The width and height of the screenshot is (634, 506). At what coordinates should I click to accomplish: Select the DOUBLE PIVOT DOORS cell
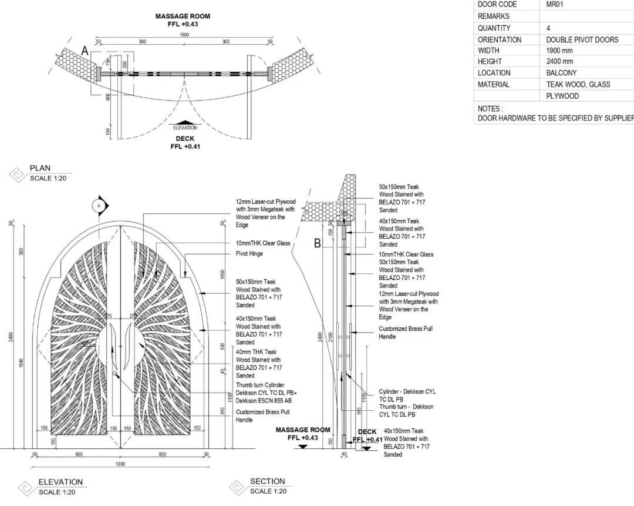(x=582, y=39)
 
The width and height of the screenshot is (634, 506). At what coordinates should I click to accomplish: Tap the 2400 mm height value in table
(x=559, y=62)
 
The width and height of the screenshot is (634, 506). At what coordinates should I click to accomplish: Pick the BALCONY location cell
(x=561, y=73)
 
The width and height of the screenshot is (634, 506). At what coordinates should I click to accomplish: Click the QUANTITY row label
(x=494, y=28)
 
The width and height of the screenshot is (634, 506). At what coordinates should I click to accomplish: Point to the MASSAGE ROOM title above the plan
(x=183, y=16)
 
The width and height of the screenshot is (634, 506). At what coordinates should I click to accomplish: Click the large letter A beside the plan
(x=85, y=52)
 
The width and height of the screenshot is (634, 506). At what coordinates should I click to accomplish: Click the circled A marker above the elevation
(x=100, y=205)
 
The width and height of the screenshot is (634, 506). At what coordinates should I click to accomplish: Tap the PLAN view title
(x=41, y=168)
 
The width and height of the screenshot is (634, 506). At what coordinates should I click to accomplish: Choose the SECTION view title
(x=267, y=481)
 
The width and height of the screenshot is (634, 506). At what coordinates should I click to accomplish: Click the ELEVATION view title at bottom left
(x=60, y=482)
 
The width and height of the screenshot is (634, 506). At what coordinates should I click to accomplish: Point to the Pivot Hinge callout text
(x=249, y=254)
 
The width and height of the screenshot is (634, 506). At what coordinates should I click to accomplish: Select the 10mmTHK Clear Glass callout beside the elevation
(x=263, y=243)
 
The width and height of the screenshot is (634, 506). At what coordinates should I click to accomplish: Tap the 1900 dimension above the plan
(x=184, y=35)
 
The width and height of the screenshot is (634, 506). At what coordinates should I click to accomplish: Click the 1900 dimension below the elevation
(x=120, y=464)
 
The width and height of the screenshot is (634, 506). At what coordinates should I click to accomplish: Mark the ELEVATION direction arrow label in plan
(x=185, y=128)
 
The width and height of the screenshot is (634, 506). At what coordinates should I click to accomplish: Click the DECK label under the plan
(x=185, y=139)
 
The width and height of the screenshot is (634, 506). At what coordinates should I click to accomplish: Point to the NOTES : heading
(x=490, y=109)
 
